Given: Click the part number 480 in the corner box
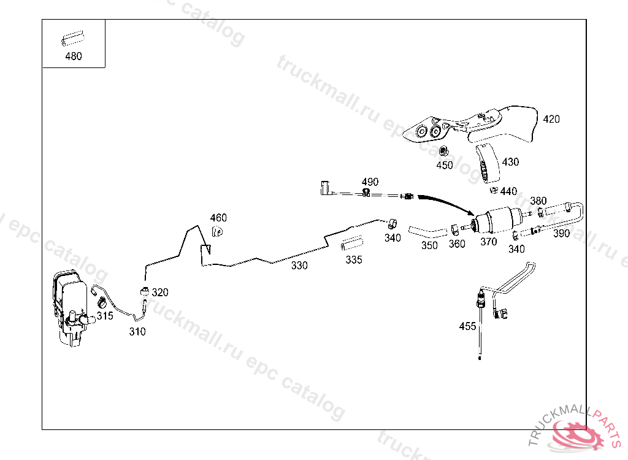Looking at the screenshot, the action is (73, 56).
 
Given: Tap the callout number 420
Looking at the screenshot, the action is (551, 119).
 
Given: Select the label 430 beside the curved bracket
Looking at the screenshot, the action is (510, 162).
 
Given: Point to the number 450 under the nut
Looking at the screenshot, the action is (444, 165).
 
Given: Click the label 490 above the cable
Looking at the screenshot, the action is (370, 182).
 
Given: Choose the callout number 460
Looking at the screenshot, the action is (218, 218).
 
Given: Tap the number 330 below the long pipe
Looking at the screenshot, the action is (299, 266).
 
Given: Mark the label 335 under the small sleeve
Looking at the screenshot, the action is (354, 259).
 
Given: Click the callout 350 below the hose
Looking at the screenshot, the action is (429, 245).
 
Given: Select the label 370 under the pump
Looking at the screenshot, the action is (489, 242).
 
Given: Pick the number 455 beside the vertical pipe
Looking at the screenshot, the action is (467, 326).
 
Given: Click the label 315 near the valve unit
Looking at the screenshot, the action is (105, 316).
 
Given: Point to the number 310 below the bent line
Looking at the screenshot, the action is (137, 332).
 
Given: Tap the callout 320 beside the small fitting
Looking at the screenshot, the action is (159, 293).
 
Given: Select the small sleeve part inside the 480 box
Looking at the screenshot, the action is (71, 40).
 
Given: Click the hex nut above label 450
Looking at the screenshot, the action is (446, 151).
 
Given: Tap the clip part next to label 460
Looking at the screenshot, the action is (216, 231).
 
